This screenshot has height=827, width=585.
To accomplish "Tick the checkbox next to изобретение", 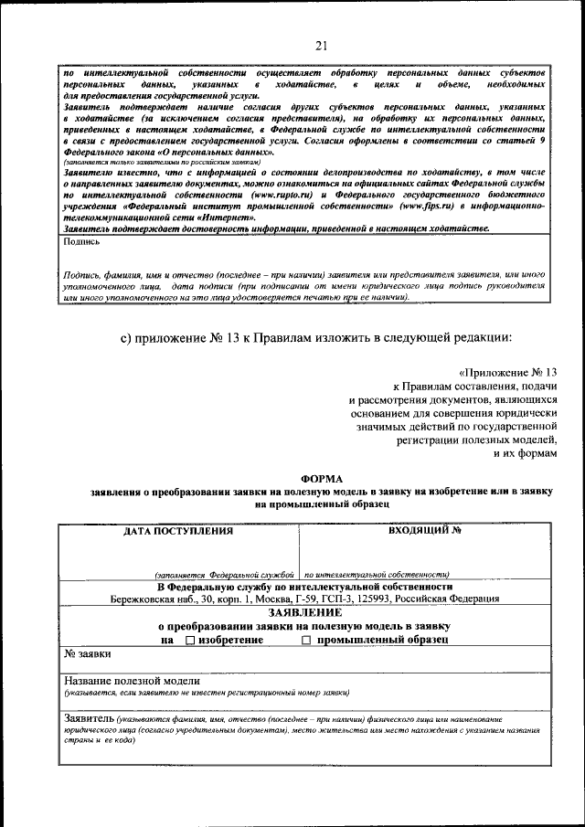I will (190, 641).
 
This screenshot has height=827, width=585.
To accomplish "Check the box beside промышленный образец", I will (306, 641).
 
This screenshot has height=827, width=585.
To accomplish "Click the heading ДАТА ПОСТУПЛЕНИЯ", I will (178, 531).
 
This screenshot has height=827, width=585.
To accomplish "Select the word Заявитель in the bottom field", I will (89, 719).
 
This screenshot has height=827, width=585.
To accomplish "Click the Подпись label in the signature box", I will (83, 242).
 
